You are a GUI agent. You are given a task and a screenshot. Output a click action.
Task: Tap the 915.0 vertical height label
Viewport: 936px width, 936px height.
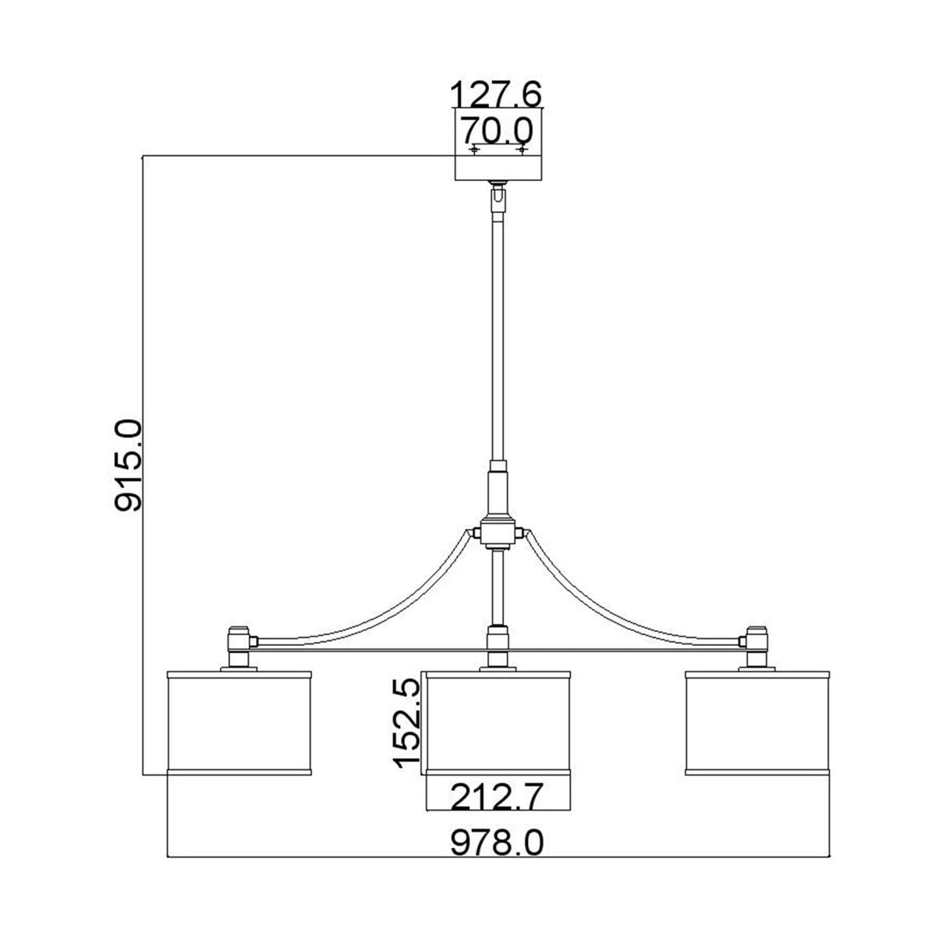128,465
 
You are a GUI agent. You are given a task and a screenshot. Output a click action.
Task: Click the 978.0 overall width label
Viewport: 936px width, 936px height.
496,843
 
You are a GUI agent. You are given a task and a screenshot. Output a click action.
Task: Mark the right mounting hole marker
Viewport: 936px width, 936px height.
522,148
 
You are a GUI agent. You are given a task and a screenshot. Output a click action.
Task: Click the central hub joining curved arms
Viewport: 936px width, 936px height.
498,534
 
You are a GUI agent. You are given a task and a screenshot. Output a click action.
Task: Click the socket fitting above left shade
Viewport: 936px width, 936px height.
239,643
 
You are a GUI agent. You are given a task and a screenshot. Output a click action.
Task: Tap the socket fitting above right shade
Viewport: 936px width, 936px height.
755,643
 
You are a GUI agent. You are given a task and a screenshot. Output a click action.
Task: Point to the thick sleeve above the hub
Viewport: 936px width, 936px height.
498,487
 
